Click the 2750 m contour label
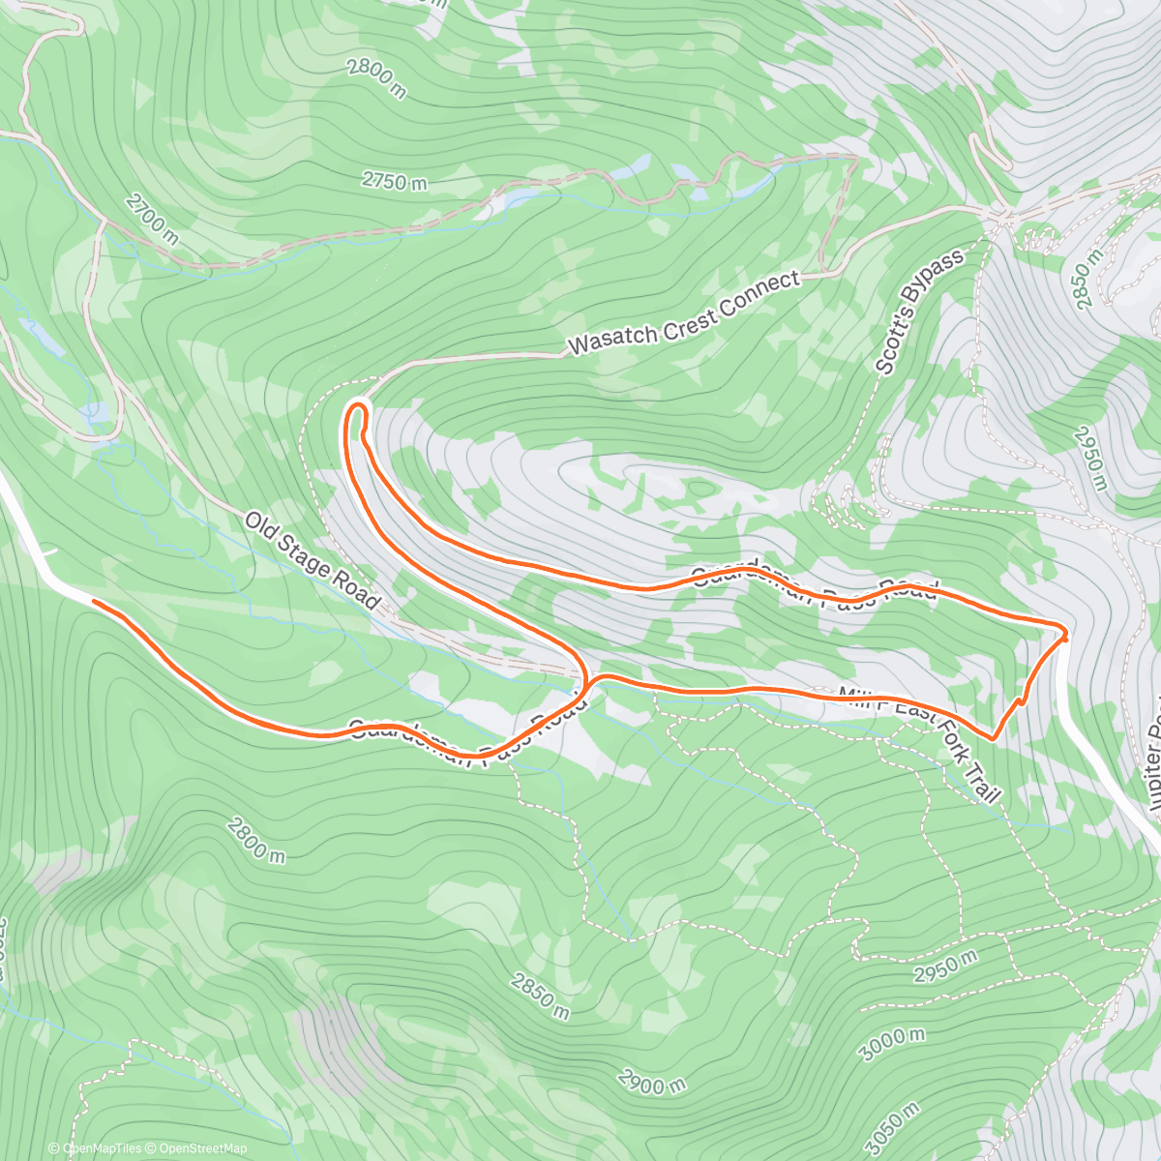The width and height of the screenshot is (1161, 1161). [394, 181]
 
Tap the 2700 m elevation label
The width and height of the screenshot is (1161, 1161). [152, 219]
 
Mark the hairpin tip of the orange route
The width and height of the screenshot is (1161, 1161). [358, 405]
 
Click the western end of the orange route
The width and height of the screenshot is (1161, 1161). [94, 602]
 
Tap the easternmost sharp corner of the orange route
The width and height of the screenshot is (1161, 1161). [1066, 635]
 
